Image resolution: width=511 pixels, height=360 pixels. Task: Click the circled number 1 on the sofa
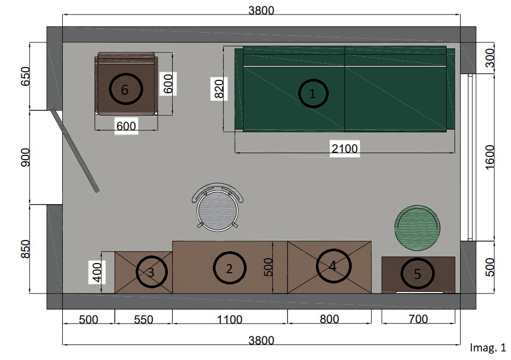[313, 93]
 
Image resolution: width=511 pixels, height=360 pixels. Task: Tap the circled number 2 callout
[229, 268]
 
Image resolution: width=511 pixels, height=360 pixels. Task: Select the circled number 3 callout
[152, 272]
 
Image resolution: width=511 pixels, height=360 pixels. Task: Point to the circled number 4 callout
[334, 266]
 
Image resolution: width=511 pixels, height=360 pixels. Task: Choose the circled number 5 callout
[418, 274]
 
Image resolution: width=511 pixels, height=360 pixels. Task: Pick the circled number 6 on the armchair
[125, 89]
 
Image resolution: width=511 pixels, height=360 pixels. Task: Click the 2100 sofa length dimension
[344, 149]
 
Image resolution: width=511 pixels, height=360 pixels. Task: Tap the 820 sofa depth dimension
[219, 88]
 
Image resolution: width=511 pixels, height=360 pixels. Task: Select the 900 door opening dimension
[25, 157]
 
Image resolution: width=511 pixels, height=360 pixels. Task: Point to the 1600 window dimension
[490, 157]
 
